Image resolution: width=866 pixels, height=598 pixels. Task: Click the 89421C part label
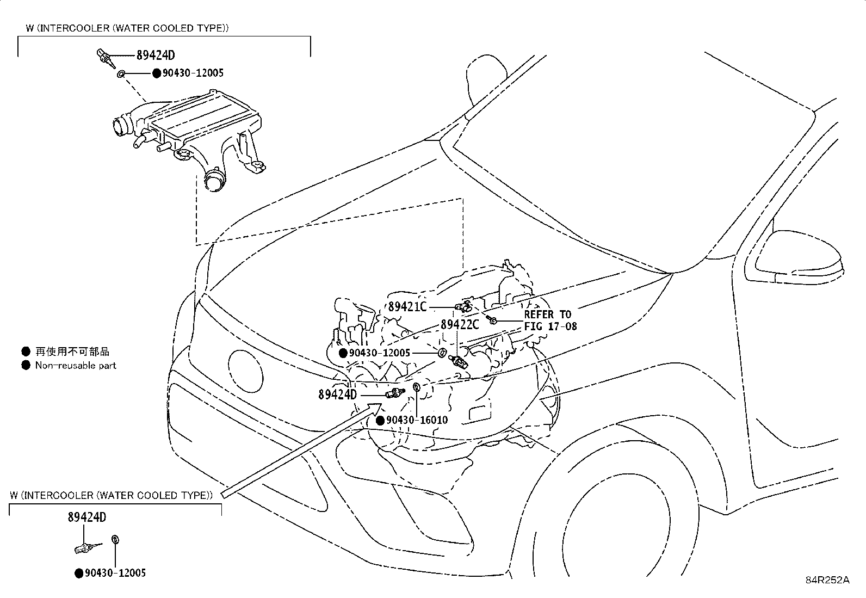coord(407,307)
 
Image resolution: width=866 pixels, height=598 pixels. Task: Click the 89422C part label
coord(460,325)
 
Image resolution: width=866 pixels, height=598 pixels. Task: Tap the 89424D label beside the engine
coord(337,394)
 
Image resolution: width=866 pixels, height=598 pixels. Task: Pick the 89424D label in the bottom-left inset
coord(87,517)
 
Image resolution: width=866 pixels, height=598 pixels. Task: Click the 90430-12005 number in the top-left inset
coord(193,73)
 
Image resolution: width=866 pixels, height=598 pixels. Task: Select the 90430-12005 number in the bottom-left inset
coord(115,573)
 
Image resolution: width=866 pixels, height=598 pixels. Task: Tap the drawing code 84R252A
coord(827,580)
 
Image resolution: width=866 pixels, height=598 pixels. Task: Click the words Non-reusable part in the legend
coord(76,366)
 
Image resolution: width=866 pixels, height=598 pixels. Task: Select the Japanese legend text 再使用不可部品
coord(72,352)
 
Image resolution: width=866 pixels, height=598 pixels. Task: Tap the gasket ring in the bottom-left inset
coord(115,540)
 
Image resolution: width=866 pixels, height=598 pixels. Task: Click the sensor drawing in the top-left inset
coord(105,58)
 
